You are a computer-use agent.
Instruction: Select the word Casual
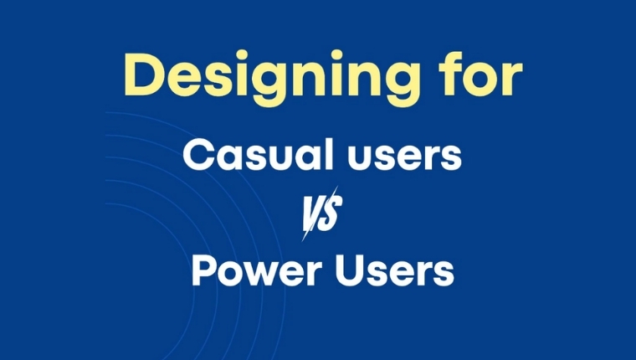[x=252, y=155]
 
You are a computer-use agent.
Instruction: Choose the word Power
[x=249, y=271]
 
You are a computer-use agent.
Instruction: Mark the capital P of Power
[x=202, y=271]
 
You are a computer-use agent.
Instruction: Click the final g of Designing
[x=404, y=84]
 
